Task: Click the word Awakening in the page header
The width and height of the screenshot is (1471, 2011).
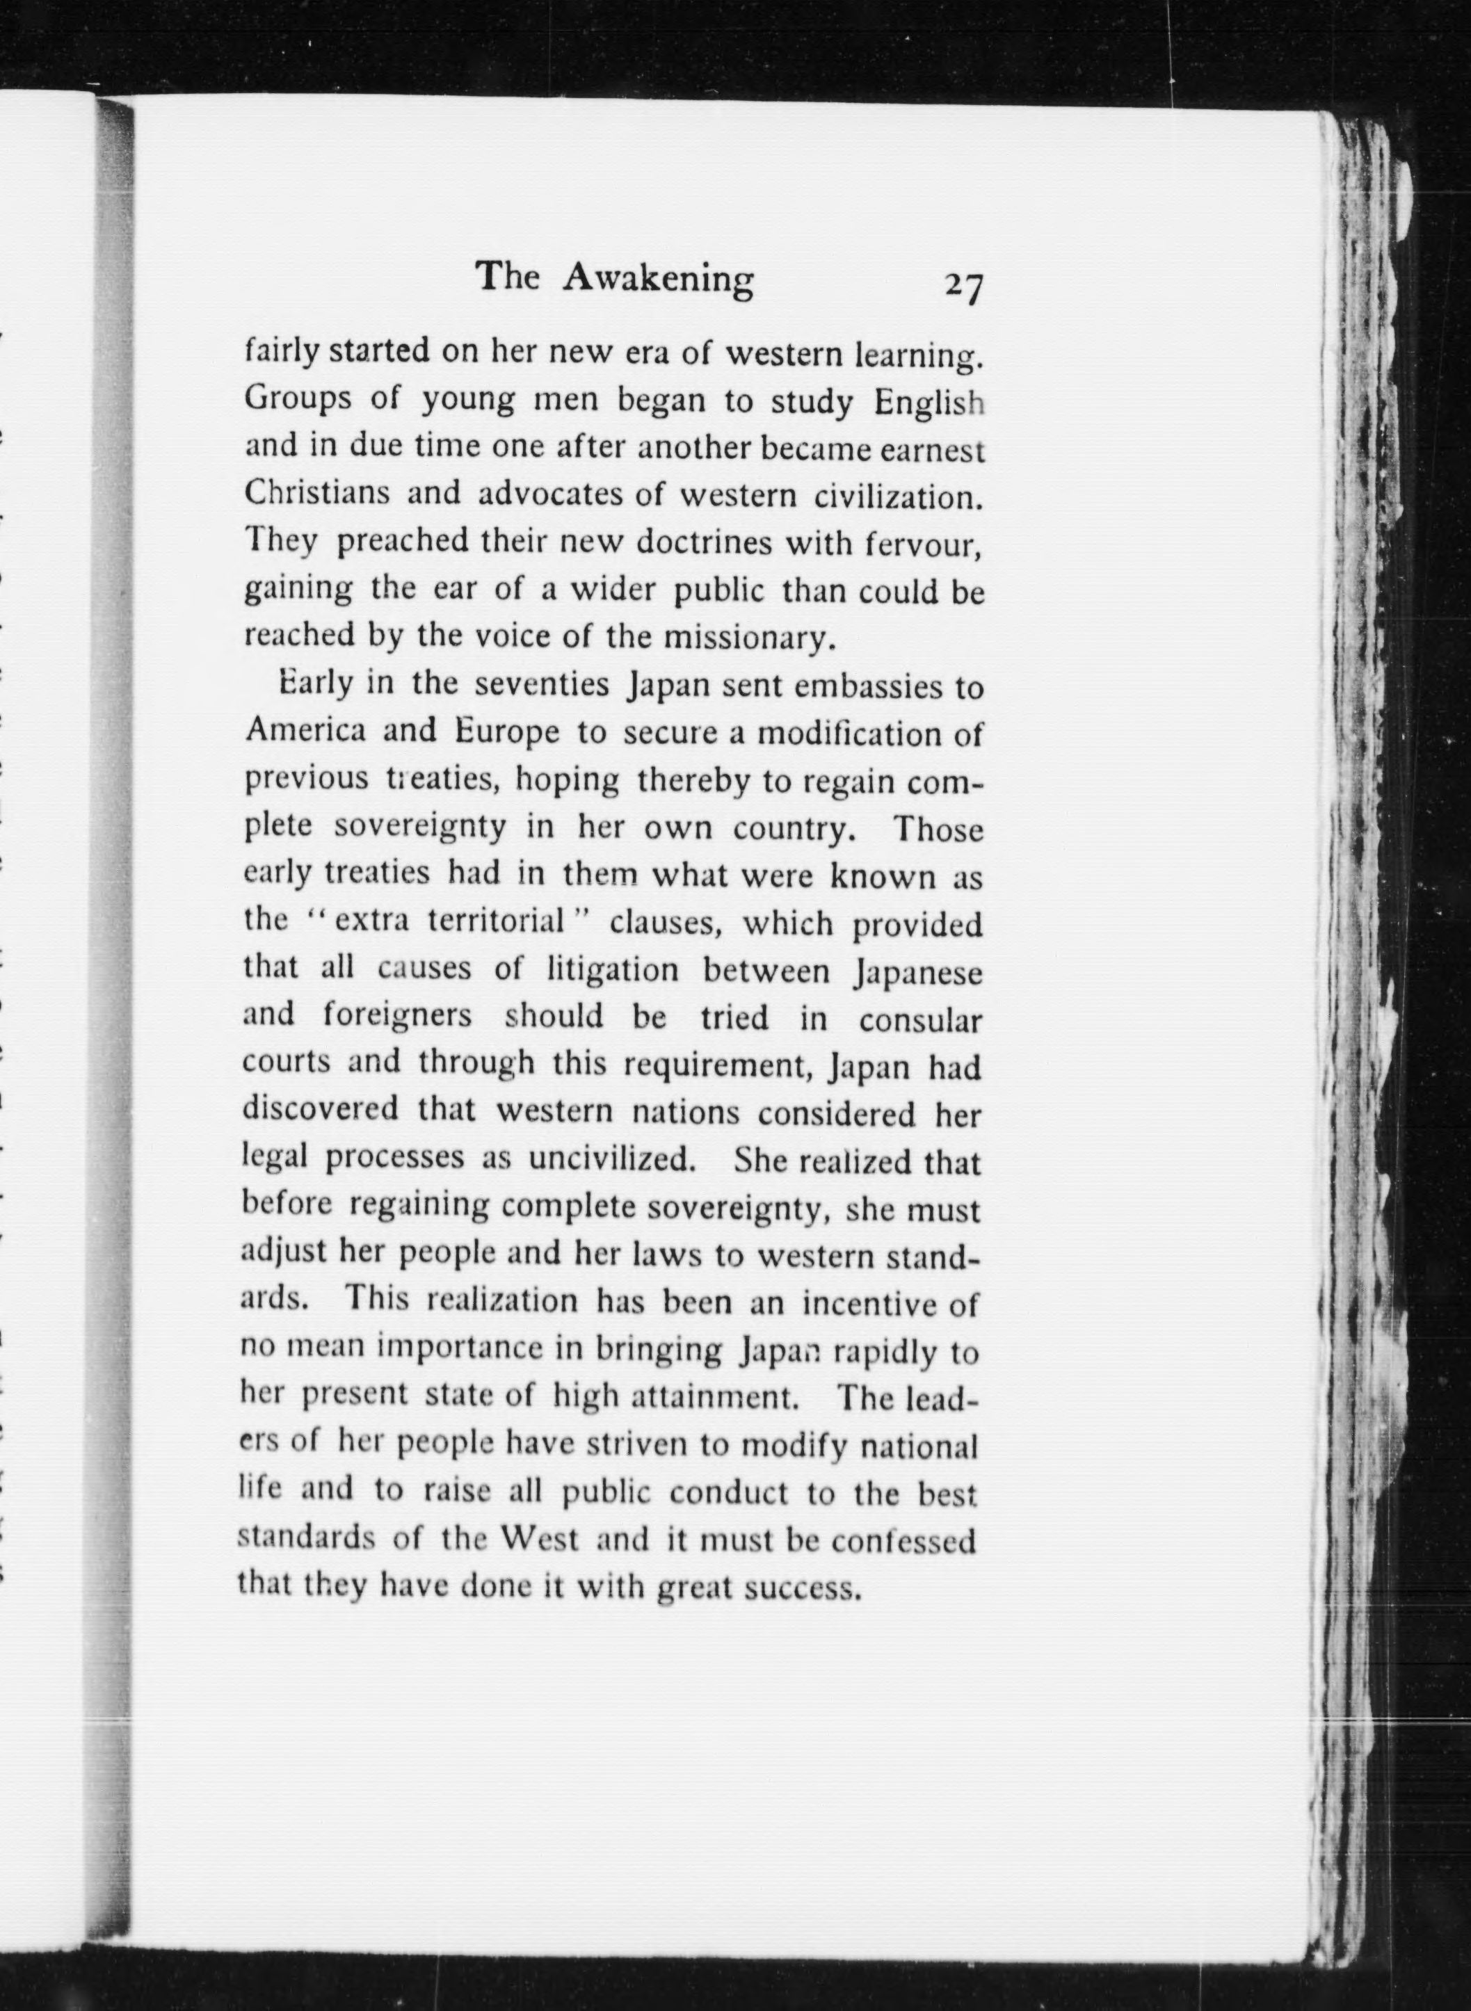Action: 659,280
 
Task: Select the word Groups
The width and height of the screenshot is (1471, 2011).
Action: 298,401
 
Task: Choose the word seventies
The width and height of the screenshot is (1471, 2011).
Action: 541,686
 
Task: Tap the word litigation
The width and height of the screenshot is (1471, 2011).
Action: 613,969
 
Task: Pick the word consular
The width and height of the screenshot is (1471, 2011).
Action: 921,1019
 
